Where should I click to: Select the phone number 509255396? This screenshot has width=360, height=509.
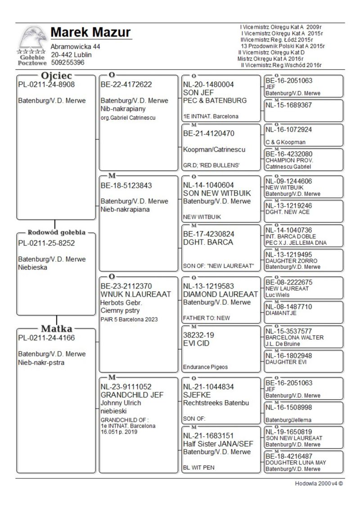(x=67, y=63)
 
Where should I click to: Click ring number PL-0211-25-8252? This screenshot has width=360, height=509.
(x=46, y=243)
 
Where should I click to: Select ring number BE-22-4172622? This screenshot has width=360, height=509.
(x=126, y=84)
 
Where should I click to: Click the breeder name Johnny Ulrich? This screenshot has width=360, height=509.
(x=121, y=403)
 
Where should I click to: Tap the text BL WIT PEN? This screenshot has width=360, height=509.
(x=199, y=467)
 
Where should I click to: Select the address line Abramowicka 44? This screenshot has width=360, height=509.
(x=76, y=47)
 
